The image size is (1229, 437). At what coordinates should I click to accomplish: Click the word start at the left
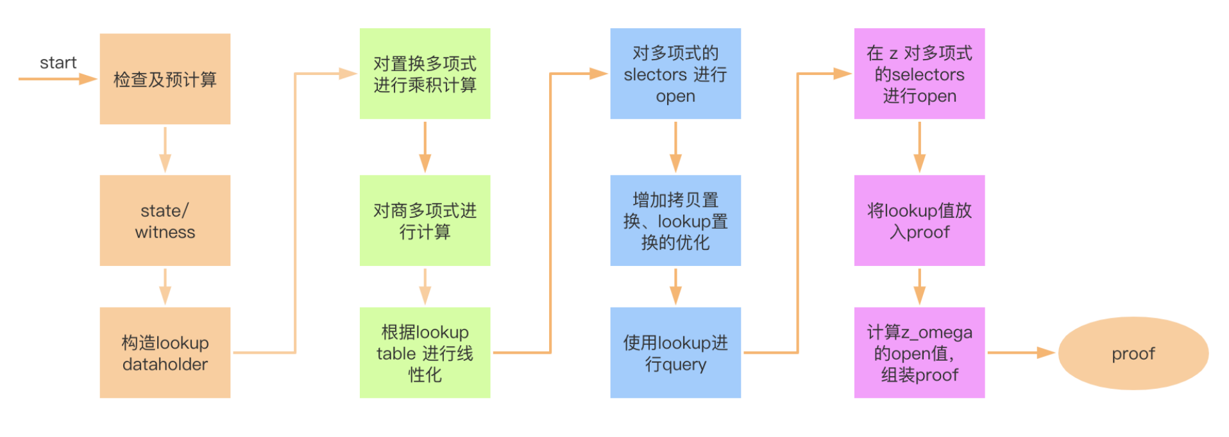pyautogui.click(x=58, y=63)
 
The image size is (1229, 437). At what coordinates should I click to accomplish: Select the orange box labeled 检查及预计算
pyautogui.click(x=165, y=79)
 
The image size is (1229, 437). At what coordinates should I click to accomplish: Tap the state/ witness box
pyautogui.click(x=165, y=220)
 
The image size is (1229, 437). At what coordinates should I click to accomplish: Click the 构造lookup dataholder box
pyautogui.click(x=165, y=352)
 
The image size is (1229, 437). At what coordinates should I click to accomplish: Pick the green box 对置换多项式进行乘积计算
pyautogui.click(x=425, y=74)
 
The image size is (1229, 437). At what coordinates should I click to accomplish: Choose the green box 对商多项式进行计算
pyautogui.click(x=425, y=220)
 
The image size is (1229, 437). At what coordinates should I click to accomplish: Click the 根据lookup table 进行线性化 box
pyautogui.click(x=425, y=352)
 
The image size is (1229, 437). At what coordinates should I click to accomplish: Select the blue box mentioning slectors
pyautogui.click(x=675, y=74)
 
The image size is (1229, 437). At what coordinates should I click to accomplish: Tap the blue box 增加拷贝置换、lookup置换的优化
pyautogui.click(x=675, y=220)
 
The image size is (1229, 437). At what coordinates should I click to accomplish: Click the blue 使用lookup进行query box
pyautogui.click(x=675, y=352)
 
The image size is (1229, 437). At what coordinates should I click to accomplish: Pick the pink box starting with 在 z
pyautogui.click(x=919, y=74)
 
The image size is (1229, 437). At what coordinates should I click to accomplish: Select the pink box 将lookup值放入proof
pyautogui.click(x=919, y=220)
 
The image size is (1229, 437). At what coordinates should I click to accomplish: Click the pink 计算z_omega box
pyautogui.click(x=919, y=352)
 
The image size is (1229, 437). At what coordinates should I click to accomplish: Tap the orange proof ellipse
pyautogui.click(x=1133, y=353)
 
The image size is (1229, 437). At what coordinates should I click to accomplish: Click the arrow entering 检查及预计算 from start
pyautogui.click(x=58, y=79)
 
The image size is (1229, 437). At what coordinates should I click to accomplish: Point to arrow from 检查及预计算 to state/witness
pyautogui.click(x=165, y=149)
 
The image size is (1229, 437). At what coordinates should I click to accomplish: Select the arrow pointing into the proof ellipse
pyautogui.click(x=1020, y=352)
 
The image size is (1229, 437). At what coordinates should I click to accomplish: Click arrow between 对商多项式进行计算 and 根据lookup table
pyautogui.click(x=425, y=286)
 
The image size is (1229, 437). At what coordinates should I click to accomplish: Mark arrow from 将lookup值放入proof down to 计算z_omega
pyautogui.click(x=919, y=286)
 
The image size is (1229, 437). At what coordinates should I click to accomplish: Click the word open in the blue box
pyautogui.click(x=675, y=96)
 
